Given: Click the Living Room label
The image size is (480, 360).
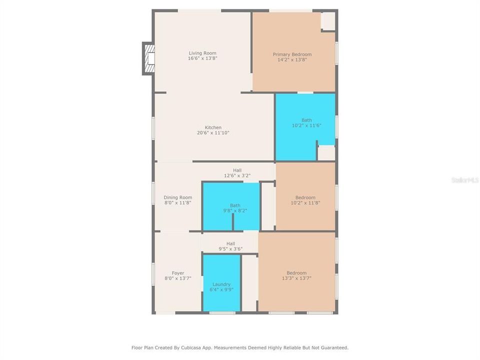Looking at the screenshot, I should click(x=202, y=53).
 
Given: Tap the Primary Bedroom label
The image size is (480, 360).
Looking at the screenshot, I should click(x=292, y=54).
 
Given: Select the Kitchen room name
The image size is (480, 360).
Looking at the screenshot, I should click(x=213, y=127).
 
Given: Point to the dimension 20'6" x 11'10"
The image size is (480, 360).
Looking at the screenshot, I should click(x=213, y=133).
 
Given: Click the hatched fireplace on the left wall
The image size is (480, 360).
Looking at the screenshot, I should click(x=148, y=58).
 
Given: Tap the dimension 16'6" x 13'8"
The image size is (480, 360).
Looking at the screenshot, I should click(x=202, y=58).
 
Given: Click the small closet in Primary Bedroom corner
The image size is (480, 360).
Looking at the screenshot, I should click(x=328, y=21).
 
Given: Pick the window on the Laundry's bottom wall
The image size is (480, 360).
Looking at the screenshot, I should click(x=222, y=313).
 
